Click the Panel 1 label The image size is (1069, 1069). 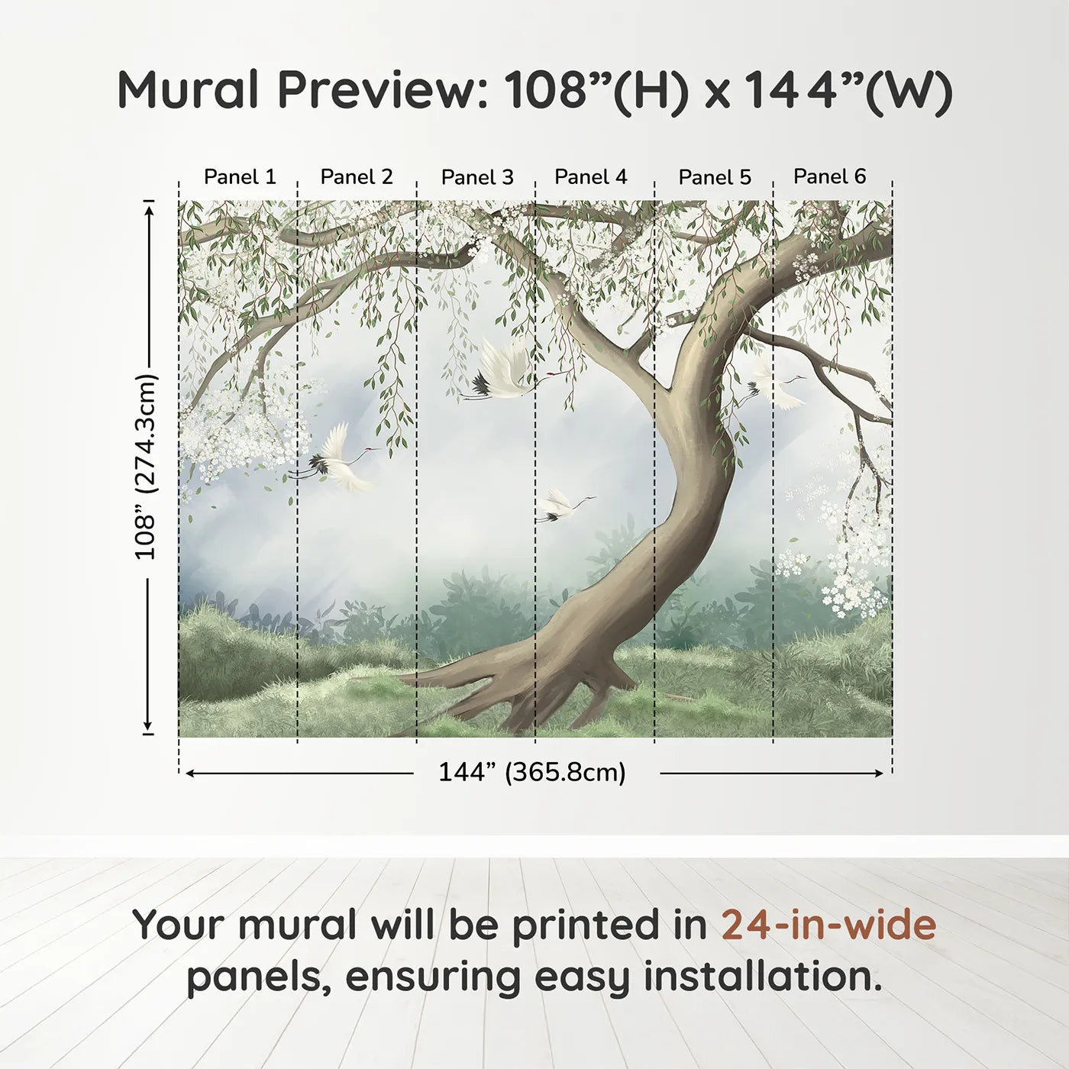tap(240, 177)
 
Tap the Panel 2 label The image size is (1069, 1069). tap(357, 177)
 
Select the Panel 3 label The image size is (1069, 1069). tap(477, 178)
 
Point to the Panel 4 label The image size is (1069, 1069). tap(591, 177)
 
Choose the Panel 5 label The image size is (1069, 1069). tap(715, 178)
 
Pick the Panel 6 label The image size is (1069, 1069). tap(830, 177)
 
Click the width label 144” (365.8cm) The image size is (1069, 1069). tap(532, 773)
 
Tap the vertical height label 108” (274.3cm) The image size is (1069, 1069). tap(146, 467)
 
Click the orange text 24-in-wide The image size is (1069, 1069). tap(828, 925)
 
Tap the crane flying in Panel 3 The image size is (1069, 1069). tap(500, 373)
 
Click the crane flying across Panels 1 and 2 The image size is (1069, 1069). tap(340, 460)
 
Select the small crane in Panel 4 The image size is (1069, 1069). tap(561, 505)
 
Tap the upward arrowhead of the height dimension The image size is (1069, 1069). tap(150, 208)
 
